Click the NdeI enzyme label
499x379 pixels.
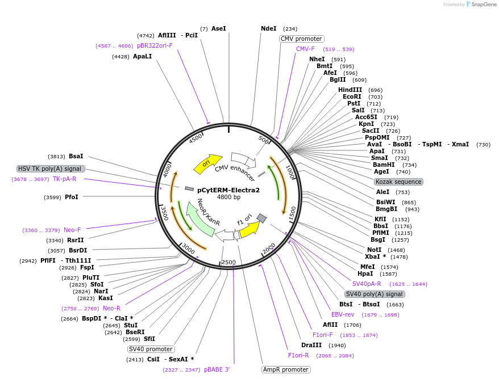pyautogui.click(x=268, y=28)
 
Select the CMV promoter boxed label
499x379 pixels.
pyautogui.click(x=301, y=39)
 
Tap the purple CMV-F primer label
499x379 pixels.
pyautogui.click(x=305, y=49)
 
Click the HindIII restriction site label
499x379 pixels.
pyautogui.click(x=350, y=90)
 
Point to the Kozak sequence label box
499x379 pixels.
pyautogui.click(x=398, y=182)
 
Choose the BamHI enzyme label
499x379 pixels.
pyautogui.click(x=384, y=165)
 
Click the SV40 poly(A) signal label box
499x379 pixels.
pyautogui.click(x=375, y=294)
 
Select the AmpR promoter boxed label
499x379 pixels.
pyautogui.click(x=286, y=369)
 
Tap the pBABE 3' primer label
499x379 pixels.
pyautogui.click(x=217, y=369)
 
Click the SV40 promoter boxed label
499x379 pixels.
pyautogui.click(x=151, y=349)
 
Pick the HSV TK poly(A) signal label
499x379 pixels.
pyautogui.click(x=51, y=169)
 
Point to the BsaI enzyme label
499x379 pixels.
pyautogui.click(x=76, y=156)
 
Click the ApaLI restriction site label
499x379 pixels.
pyautogui.click(x=143, y=56)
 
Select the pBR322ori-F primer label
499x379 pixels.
pyautogui.click(x=155, y=45)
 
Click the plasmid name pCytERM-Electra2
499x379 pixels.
pyautogui.click(x=228, y=190)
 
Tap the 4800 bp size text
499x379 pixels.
pyautogui.click(x=228, y=197)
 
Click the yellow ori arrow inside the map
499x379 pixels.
pyautogui.click(x=207, y=163)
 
